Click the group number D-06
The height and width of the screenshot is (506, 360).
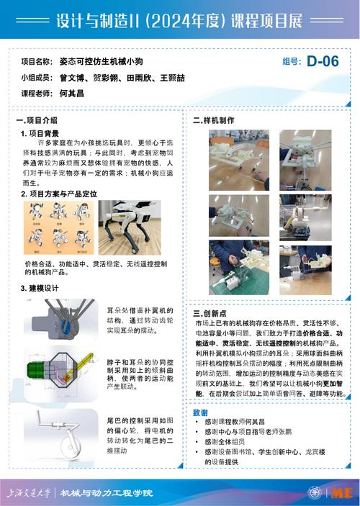[322, 62]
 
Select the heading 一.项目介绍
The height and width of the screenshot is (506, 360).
[37, 120]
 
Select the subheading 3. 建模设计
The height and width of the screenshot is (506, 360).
[39, 288]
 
